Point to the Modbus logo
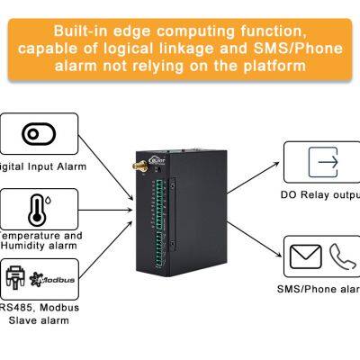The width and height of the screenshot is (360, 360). (x=56, y=278)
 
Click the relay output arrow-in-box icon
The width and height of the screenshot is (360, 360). (x=322, y=162)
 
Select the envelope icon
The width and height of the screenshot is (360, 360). (x=306, y=257)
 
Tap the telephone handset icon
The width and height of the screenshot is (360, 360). (x=343, y=257)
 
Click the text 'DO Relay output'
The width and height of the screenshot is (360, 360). (x=319, y=194)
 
